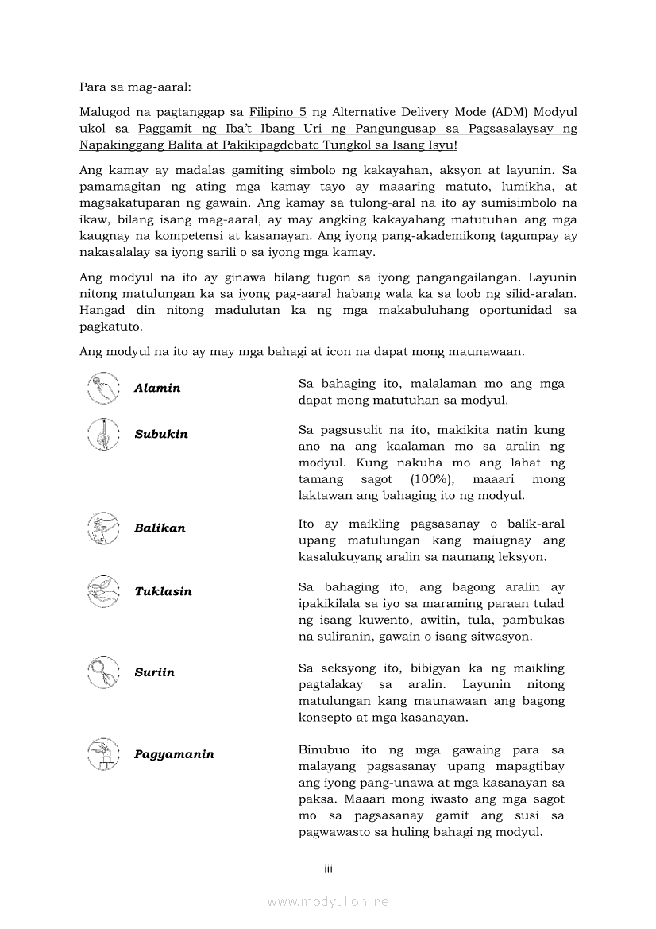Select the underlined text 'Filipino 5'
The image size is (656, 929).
point(278,112)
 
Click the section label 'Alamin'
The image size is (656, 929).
point(157,389)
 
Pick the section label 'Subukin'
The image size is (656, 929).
point(161,435)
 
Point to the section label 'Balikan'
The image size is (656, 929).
point(160,528)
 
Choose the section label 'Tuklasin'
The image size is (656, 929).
point(163,592)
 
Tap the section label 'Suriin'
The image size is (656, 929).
point(155,673)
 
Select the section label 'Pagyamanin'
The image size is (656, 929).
point(174,754)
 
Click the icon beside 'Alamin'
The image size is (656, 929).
point(103,388)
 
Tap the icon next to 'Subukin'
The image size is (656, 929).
point(103,434)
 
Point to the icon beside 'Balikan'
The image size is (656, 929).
point(103,528)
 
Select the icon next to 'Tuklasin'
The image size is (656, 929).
point(103,591)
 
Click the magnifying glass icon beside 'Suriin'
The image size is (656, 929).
point(103,672)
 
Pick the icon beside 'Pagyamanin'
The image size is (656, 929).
point(103,753)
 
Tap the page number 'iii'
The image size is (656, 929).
point(328,869)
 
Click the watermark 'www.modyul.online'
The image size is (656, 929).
point(328,901)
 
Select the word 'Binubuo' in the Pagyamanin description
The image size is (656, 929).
point(323,749)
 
